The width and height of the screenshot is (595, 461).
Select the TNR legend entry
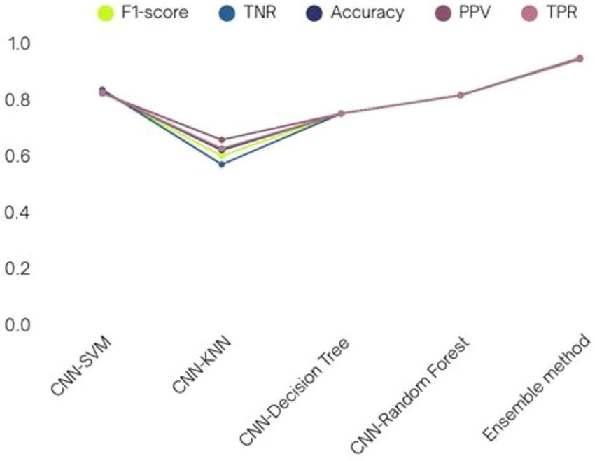click(x=247, y=12)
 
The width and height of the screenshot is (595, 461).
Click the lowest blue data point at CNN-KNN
click(x=222, y=164)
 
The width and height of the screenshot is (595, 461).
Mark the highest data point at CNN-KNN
click(x=222, y=139)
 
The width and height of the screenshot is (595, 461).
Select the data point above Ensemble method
click(x=580, y=58)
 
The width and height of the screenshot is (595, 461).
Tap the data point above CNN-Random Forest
click(x=461, y=95)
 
